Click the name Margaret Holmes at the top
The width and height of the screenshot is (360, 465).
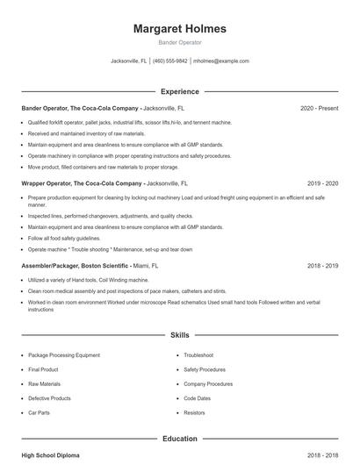click(x=179, y=29)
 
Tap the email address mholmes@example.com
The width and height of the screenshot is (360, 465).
click(x=221, y=61)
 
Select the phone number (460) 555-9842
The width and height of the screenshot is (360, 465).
click(x=171, y=61)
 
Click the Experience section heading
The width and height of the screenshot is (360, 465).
click(x=179, y=91)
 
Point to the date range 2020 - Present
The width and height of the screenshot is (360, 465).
click(x=319, y=108)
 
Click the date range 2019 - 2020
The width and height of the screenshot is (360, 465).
click(x=322, y=183)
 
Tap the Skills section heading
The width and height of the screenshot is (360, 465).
click(x=179, y=335)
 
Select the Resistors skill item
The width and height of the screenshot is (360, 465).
click(x=195, y=411)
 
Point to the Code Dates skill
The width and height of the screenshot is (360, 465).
click(x=198, y=397)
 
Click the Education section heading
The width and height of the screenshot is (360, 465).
click(x=179, y=439)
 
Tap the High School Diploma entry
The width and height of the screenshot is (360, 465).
click(x=52, y=456)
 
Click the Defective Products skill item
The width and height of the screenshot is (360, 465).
click(x=50, y=397)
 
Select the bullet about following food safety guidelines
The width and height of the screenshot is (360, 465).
click(x=64, y=238)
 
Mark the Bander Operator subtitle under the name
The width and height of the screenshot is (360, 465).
click(x=179, y=42)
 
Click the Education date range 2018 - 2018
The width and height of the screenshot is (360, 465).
click(x=322, y=456)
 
